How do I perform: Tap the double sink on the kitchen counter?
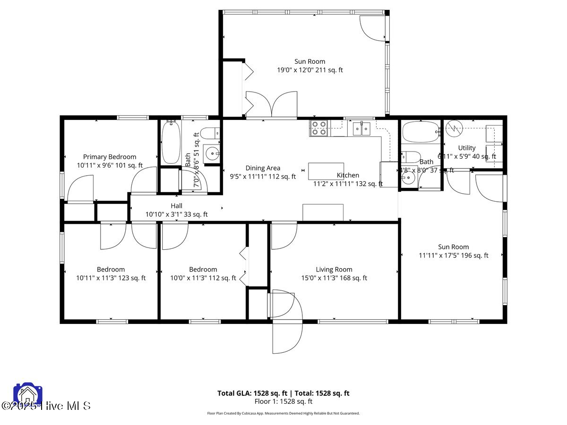(x=362, y=128)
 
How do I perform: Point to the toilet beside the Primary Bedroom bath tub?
(x=210, y=133)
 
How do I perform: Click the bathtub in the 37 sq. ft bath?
(x=420, y=132)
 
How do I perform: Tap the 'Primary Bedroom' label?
(x=110, y=157)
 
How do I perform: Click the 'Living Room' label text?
(x=334, y=270)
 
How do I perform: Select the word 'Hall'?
(x=176, y=206)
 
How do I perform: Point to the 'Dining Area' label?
(x=263, y=168)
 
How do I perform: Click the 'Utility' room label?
(x=467, y=148)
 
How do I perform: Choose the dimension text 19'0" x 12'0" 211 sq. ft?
(x=309, y=70)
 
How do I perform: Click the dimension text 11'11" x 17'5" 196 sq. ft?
(x=454, y=255)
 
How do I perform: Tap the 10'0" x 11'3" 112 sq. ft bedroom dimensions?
(x=203, y=278)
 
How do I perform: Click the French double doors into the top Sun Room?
(x=271, y=104)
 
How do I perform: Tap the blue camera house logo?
(x=28, y=394)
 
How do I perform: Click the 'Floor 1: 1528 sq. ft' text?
(x=283, y=402)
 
